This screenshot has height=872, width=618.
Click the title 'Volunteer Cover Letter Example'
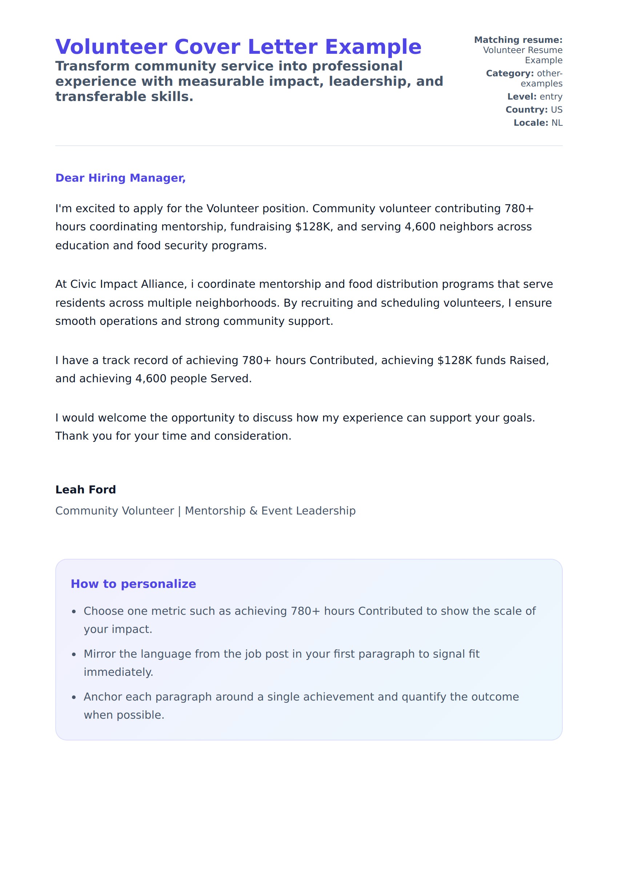click(238, 47)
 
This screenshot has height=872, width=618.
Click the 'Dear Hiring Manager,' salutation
click(120, 178)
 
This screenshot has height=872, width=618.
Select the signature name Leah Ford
click(86, 489)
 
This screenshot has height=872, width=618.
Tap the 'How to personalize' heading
click(133, 584)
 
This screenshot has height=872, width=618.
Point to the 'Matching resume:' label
click(518, 40)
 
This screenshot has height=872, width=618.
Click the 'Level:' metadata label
click(522, 97)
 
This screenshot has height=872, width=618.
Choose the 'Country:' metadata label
click(526, 109)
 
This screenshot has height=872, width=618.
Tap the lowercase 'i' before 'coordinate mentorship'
click(192, 284)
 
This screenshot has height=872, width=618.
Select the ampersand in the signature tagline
click(253, 511)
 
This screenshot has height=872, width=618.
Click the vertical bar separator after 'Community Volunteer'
click(179, 511)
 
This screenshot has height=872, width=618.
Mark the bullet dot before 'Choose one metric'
click(74, 611)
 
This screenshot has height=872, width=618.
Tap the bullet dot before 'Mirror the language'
click(74, 654)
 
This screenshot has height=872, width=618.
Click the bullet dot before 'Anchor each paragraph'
click(74, 698)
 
